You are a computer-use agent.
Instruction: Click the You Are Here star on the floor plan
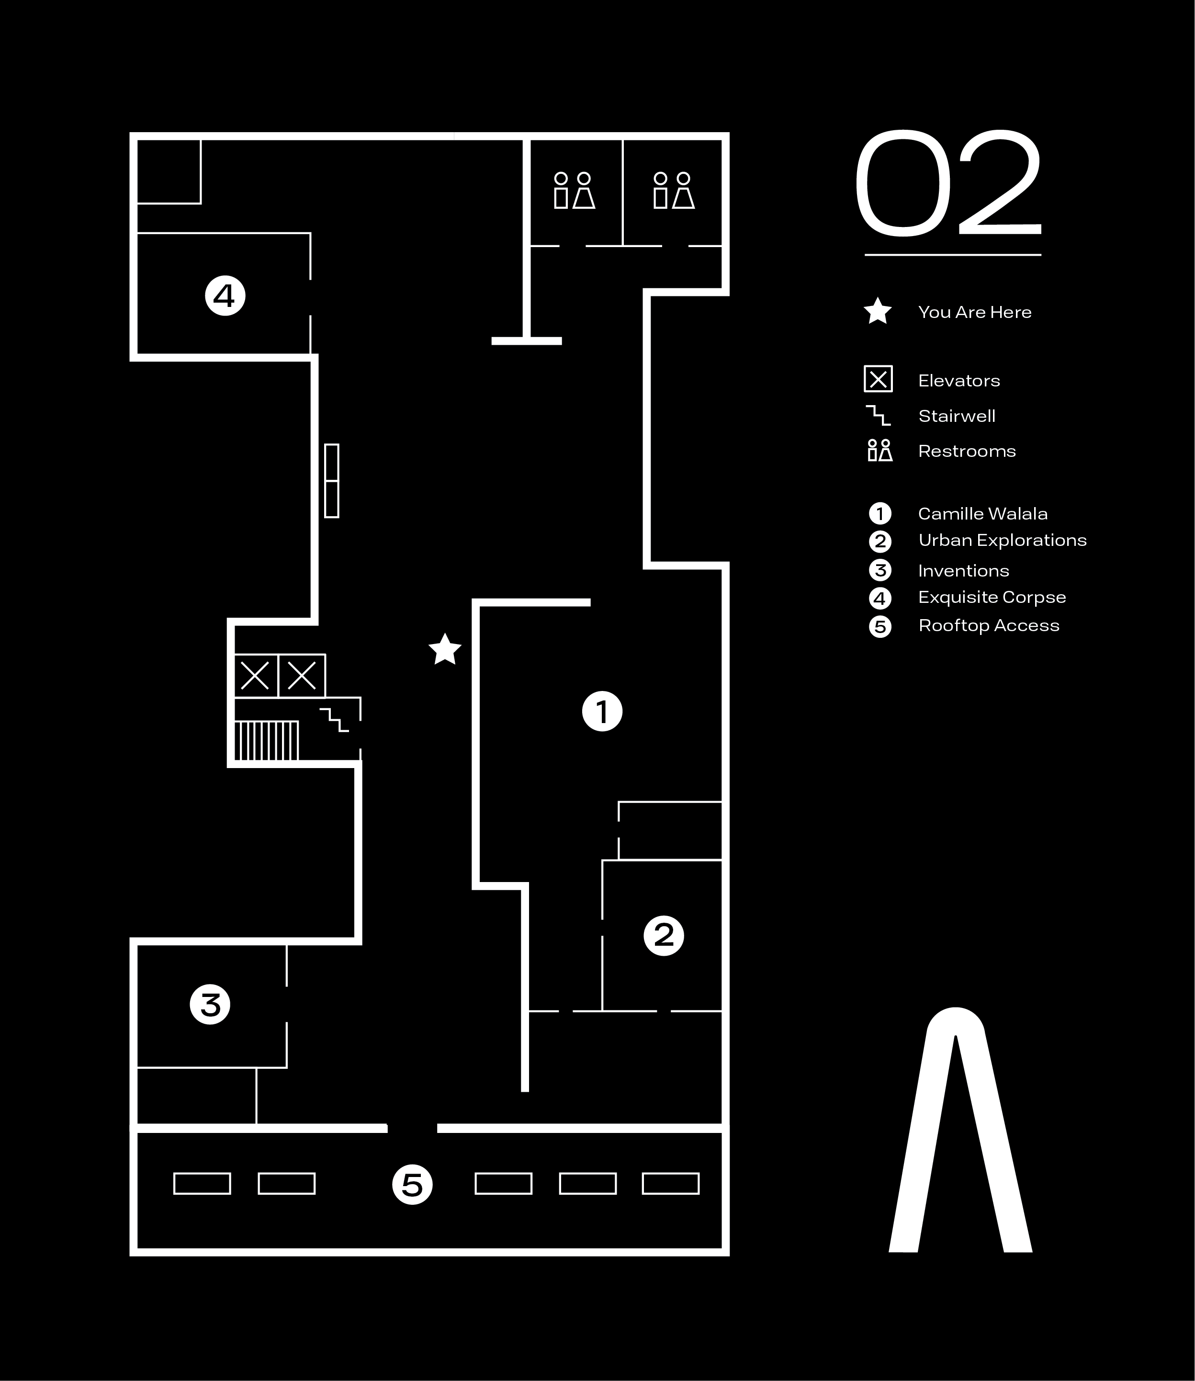(445, 649)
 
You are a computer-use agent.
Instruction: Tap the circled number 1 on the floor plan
(602, 712)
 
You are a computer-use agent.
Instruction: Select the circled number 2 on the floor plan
(664, 936)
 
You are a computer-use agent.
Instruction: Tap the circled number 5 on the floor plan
(412, 1185)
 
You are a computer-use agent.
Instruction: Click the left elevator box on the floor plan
(255, 676)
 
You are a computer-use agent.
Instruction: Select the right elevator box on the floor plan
(302, 676)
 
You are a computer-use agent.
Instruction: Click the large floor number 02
(947, 183)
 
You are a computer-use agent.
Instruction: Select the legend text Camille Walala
(982, 513)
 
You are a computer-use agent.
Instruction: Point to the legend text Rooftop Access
(988, 625)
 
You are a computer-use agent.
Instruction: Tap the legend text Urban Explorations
(1002, 540)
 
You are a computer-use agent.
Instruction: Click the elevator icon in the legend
(878, 379)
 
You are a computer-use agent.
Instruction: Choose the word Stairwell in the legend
(956, 416)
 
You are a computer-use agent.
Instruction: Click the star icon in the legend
(878, 311)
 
